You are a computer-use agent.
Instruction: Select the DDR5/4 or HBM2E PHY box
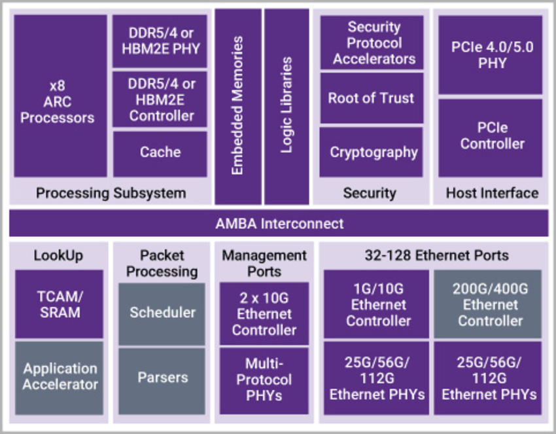click(x=160, y=41)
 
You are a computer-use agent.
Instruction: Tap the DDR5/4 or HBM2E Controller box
click(x=160, y=99)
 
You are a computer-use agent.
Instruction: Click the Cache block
click(x=160, y=153)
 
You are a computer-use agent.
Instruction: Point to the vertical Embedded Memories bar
click(x=237, y=106)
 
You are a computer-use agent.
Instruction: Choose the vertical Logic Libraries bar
click(x=287, y=106)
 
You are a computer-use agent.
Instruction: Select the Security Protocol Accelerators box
click(x=372, y=43)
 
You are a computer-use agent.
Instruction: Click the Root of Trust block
click(x=372, y=98)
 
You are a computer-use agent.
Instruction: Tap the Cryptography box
click(x=372, y=153)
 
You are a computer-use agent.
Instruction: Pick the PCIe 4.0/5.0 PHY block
click(x=490, y=55)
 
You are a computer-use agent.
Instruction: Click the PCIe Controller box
click(x=490, y=137)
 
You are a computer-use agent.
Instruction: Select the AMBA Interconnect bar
click(x=279, y=223)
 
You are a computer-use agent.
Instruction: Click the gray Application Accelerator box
click(x=59, y=377)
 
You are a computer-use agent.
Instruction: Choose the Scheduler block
click(x=162, y=313)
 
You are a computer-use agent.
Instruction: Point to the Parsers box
click(x=162, y=378)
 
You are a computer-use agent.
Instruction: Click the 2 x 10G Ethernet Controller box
click(x=264, y=313)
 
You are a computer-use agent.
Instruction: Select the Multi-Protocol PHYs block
click(x=264, y=380)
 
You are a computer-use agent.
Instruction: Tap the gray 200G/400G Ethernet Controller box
click(x=490, y=304)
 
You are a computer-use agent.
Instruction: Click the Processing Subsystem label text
click(x=111, y=193)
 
